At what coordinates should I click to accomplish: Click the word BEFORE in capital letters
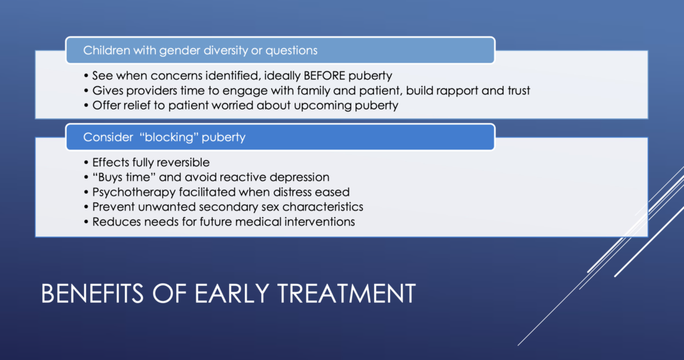click(x=324, y=75)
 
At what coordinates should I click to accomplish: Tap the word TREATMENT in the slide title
click(x=347, y=293)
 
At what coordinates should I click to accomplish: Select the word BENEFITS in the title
click(x=92, y=293)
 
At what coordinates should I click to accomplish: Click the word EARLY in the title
click(x=232, y=293)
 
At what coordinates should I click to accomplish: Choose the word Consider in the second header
click(x=108, y=137)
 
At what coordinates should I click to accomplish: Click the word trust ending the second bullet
click(x=518, y=90)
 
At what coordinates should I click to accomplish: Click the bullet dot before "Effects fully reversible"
click(x=86, y=163)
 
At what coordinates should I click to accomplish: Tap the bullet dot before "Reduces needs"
click(x=86, y=222)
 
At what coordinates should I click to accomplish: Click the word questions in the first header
click(x=291, y=51)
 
